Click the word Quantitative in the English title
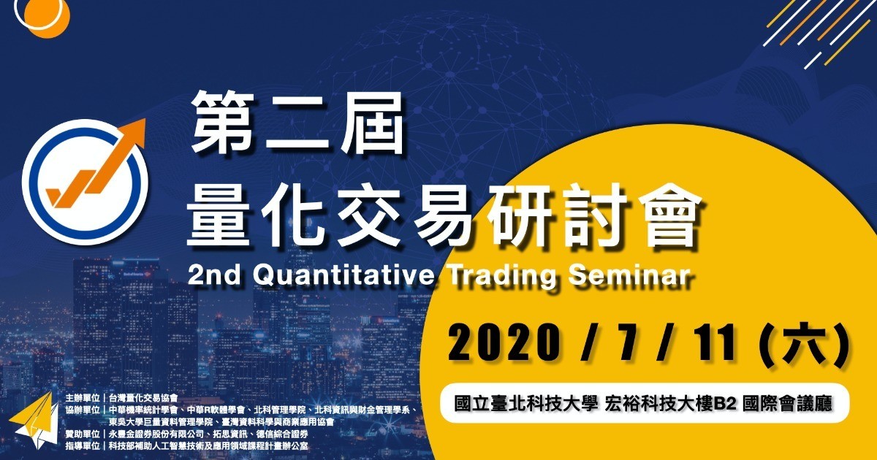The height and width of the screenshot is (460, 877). [x=343, y=275]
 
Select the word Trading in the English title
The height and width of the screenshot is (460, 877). [x=502, y=276]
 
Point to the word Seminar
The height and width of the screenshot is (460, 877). [x=629, y=275]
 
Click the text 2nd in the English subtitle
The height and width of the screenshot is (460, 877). [x=213, y=275]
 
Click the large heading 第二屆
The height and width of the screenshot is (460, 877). [x=297, y=123]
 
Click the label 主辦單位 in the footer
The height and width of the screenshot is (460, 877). [x=83, y=398]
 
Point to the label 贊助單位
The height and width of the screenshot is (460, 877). [x=83, y=434]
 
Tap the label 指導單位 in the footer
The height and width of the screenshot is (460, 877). [x=83, y=445]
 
